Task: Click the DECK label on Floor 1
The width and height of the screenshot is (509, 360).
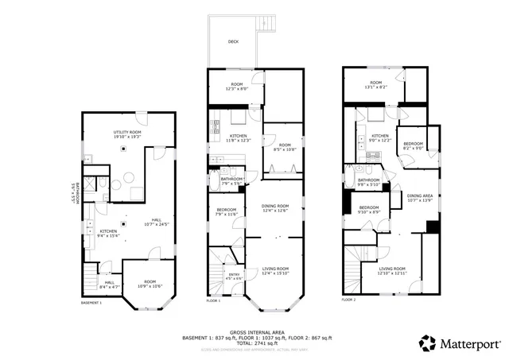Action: click(x=233, y=41)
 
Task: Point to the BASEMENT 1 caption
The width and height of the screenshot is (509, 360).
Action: click(x=92, y=303)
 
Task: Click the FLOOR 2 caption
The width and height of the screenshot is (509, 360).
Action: click(x=349, y=300)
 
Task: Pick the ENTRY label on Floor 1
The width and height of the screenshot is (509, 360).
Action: click(x=234, y=276)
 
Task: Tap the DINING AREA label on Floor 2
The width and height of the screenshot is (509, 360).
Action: click(x=420, y=197)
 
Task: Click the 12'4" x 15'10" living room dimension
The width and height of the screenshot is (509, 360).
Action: click(x=275, y=273)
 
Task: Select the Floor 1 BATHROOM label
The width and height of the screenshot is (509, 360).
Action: click(x=231, y=180)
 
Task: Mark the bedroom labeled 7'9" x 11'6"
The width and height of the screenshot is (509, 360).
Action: click(x=227, y=212)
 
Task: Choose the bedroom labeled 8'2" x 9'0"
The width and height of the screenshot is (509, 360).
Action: click(x=413, y=145)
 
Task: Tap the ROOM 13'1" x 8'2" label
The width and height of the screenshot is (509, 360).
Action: click(x=375, y=85)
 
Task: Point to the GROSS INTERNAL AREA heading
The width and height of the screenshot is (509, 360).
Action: click(x=254, y=332)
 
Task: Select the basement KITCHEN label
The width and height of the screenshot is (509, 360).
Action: click(x=108, y=233)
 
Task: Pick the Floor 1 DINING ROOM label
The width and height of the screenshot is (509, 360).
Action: click(x=275, y=207)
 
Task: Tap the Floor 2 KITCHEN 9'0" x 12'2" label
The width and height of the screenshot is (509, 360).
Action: click(x=380, y=137)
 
